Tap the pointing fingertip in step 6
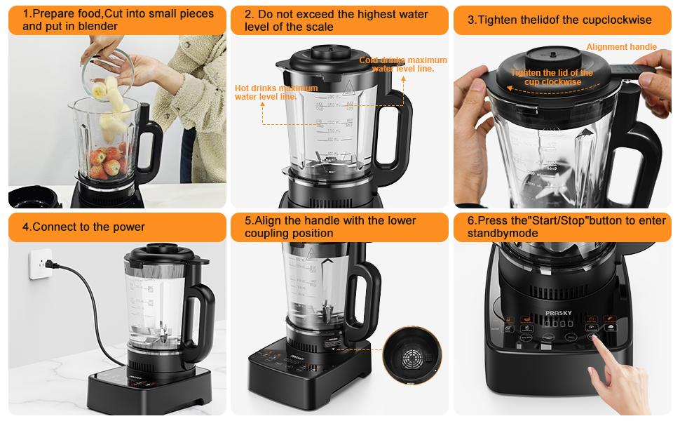pos(595,340)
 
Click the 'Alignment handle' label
pos(621,47)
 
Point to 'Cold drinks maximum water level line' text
pos(402,65)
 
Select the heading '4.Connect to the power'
pos(84,227)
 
